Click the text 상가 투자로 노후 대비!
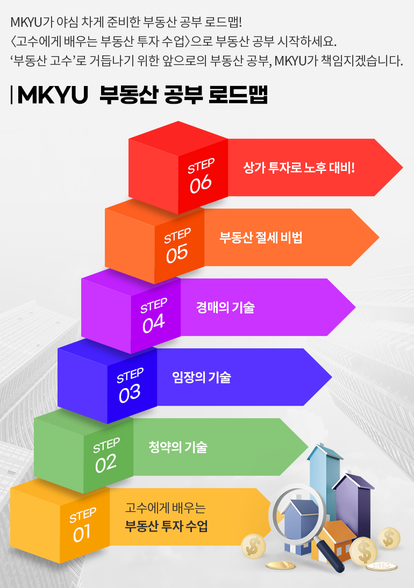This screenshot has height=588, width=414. pyautogui.click(x=299, y=168)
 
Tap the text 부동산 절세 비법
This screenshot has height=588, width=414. pyautogui.click(x=261, y=238)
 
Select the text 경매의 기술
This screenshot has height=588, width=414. pyautogui.click(x=225, y=307)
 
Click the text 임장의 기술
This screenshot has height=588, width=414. pyautogui.click(x=202, y=377)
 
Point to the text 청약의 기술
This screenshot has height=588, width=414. pyautogui.click(x=177, y=447)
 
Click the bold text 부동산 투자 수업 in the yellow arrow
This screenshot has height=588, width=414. pyautogui.click(x=166, y=526)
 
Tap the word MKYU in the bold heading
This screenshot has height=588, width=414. pyautogui.click(x=53, y=95)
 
